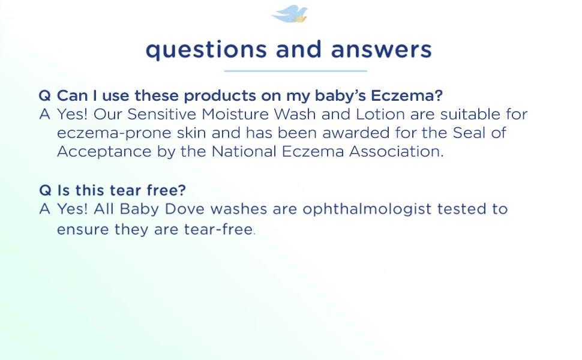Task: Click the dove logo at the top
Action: (290, 14)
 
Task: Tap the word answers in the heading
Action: (381, 50)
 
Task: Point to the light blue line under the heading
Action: (295, 71)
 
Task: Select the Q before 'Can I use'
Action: (44, 96)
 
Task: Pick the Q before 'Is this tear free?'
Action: (45, 190)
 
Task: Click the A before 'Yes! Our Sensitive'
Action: (44, 115)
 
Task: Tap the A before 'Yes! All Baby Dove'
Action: (44, 209)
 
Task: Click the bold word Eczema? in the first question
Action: (407, 96)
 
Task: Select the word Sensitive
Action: (161, 115)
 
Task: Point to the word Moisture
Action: (235, 115)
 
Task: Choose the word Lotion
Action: (380, 115)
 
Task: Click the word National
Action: (244, 151)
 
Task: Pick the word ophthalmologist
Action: (367, 209)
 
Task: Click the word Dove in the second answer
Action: (184, 209)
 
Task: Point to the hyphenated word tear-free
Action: (218, 229)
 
